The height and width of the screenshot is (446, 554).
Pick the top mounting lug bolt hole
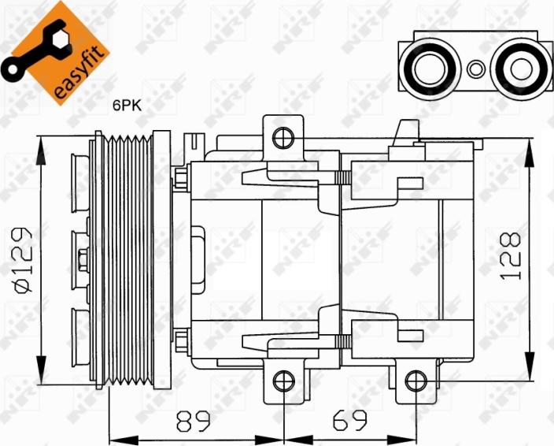click(282, 139)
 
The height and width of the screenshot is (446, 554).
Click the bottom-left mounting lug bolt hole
click(282, 382)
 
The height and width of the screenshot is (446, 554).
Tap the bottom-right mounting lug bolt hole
click(414, 382)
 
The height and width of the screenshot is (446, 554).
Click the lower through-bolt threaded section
click(342, 341)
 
